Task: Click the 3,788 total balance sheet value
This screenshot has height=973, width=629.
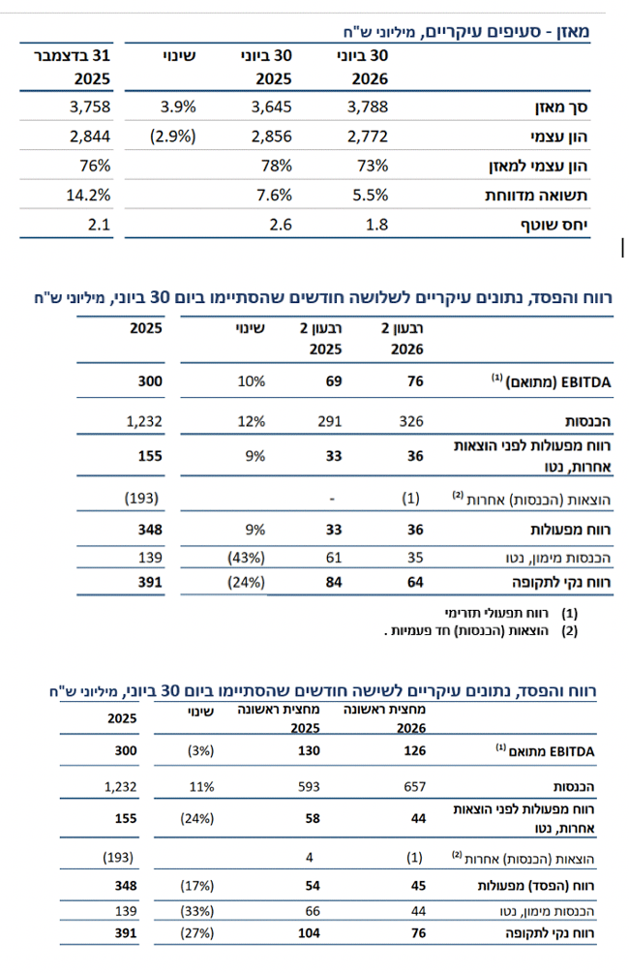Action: click(x=367, y=106)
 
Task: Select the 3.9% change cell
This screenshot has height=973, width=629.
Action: click(x=178, y=106)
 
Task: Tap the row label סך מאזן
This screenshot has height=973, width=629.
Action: click(x=561, y=107)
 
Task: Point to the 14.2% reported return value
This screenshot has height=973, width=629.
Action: click(x=88, y=195)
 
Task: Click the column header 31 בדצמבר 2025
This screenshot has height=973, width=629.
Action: click(x=72, y=67)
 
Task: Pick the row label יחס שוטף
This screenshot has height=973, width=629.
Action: click(x=554, y=225)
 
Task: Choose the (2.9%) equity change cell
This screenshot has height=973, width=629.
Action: click(x=173, y=137)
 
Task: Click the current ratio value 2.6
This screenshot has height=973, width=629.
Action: click(x=281, y=225)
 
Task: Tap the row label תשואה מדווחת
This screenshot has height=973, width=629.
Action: click(x=536, y=196)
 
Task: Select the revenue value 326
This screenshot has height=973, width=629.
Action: click(x=411, y=421)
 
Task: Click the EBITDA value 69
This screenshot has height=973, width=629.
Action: click(x=334, y=381)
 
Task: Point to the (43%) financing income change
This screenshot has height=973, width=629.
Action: click(x=246, y=558)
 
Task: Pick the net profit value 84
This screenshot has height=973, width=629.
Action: click(x=334, y=582)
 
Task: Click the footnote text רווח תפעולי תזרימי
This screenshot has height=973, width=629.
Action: click(x=496, y=613)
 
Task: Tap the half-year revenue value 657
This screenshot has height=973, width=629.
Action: click(x=415, y=787)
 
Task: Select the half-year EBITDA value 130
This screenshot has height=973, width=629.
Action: click(x=309, y=750)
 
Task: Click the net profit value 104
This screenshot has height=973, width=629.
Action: click(x=309, y=932)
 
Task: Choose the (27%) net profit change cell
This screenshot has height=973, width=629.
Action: click(x=197, y=932)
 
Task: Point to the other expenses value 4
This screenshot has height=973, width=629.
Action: click(x=309, y=858)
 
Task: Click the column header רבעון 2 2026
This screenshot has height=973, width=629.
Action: click(x=403, y=339)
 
